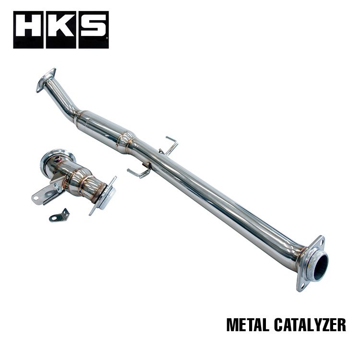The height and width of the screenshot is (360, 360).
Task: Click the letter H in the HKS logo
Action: [29, 30]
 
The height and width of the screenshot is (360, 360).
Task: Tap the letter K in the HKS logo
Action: [61, 30]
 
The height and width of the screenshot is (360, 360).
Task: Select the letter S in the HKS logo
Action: [92, 30]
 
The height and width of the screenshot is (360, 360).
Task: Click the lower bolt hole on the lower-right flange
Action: [302, 286]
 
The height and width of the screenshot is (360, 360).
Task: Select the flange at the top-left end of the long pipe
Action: [46, 80]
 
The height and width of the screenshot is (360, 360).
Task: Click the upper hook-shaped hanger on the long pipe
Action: [169, 145]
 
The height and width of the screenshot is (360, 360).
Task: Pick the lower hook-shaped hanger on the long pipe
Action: [139, 171]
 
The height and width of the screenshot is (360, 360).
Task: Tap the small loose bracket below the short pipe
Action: [60, 216]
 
